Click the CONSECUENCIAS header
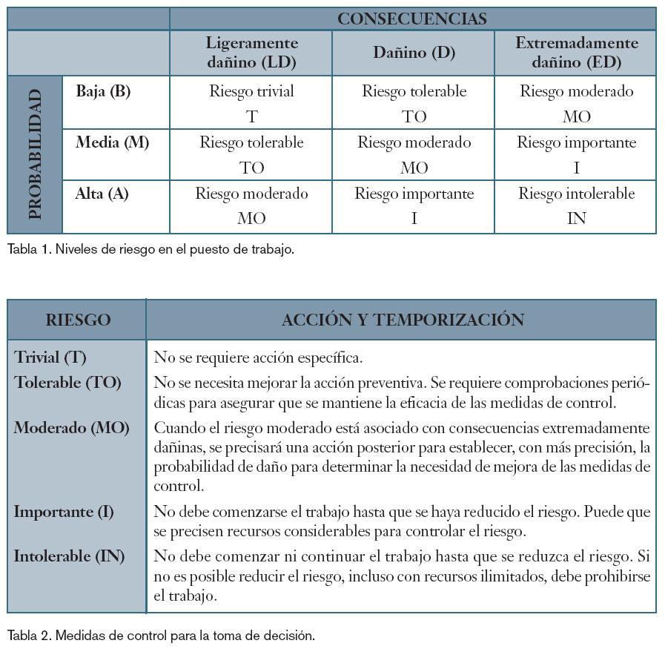tap(412, 19)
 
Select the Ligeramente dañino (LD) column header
tap(251, 53)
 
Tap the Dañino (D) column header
tap(413, 53)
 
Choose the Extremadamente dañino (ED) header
tap(576, 53)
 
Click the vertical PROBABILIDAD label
tap(35, 155)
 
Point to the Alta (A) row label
tap(102, 194)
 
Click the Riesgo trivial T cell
tap(251, 103)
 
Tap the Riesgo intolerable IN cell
tap(576, 205)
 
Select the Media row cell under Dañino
tap(413, 154)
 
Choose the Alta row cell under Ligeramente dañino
tap(251, 205)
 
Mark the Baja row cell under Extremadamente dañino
tap(576, 103)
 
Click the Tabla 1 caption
tap(150, 249)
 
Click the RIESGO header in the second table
tap(78, 320)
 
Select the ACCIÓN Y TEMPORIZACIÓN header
tap(403, 320)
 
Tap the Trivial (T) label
tap(50, 357)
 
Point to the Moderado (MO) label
tap(71, 428)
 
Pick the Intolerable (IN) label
tap(69, 556)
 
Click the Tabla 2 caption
tap(161, 635)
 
